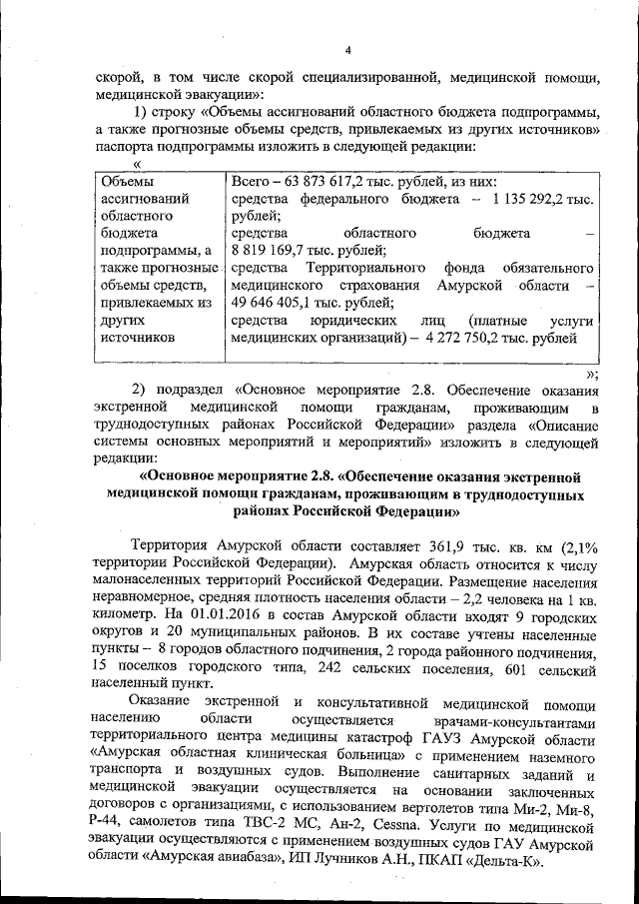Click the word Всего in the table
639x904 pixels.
[251, 181]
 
